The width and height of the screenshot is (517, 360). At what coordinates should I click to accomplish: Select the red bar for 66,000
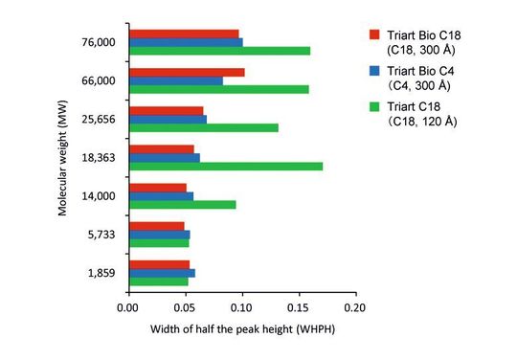click(x=186, y=72)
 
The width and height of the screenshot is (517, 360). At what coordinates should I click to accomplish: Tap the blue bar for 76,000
click(x=185, y=42)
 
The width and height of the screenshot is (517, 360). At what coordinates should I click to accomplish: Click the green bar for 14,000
click(x=182, y=204)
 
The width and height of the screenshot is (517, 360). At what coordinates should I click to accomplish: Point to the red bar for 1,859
click(x=159, y=264)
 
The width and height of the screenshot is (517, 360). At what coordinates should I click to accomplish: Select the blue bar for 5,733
click(x=159, y=235)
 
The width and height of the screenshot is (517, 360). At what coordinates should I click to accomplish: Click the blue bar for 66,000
click(x=175, y=80)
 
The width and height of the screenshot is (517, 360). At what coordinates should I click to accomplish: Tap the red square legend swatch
click(x=375, y=35)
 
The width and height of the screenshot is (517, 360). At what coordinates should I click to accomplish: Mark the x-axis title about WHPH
click(x=241, y=329)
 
